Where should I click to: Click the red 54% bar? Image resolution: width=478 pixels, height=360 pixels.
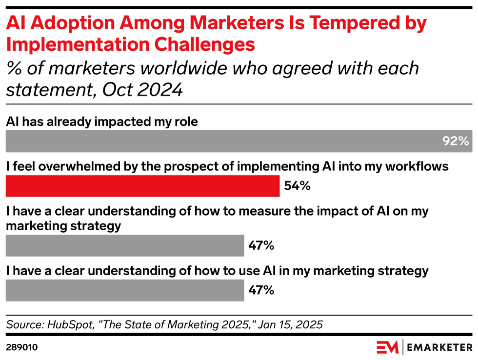pos(142,186)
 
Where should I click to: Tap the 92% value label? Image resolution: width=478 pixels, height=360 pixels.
pos(456,141)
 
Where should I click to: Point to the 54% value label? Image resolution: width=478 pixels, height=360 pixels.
pos(297,186)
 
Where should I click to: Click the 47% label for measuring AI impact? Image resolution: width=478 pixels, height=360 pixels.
pos(261,245)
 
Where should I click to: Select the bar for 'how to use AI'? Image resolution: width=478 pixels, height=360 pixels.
pos(125,290)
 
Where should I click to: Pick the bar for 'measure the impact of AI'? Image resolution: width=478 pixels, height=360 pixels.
pos(125,245)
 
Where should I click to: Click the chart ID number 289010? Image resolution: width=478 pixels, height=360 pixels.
pos(22,347)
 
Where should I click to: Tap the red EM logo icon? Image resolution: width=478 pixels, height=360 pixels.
pos(388,347)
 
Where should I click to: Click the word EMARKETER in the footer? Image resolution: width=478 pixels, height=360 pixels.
pos(439,347)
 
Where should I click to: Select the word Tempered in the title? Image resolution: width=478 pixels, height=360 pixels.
pos(344,22)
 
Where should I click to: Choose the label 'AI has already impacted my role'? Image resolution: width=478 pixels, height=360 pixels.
pos(102,121)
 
